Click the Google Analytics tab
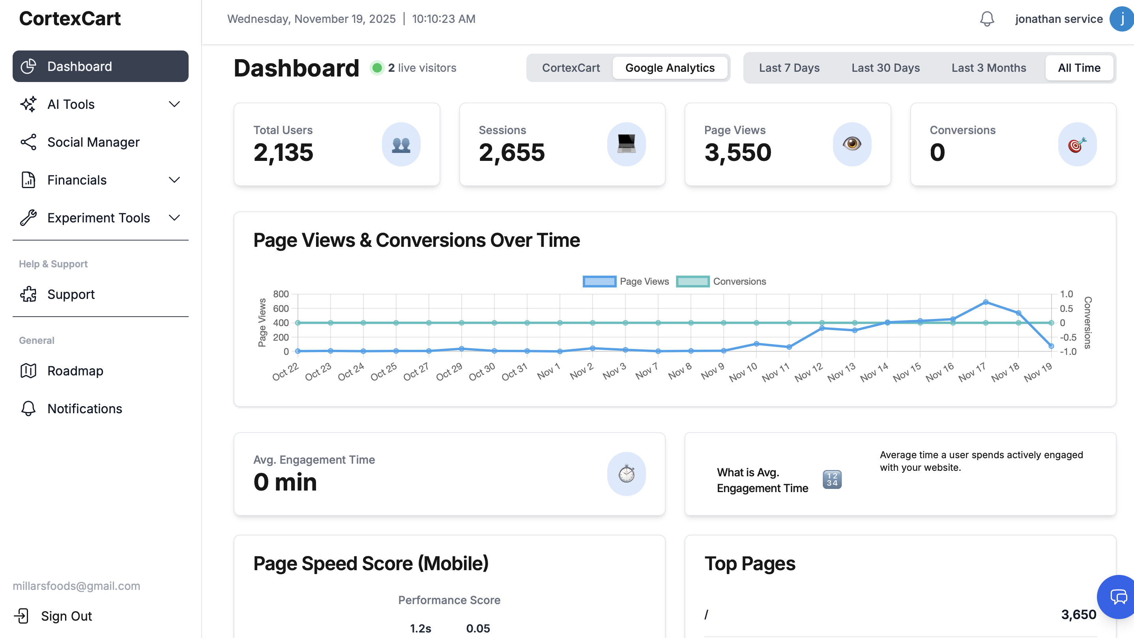tap(670, 68)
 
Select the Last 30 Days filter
tap(885, 68)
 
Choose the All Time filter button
tap(1079, 68)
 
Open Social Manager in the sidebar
tap(94, 142)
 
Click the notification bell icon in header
tap(987, 19)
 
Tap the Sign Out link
tap(66, 616)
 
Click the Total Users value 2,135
tap(283, 152)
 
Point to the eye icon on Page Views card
tap(852, 144)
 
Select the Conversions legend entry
tap(721, 281)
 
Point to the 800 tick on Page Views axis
tap(281, 294)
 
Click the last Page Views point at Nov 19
tap(1051, 346)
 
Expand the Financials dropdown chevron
tap(175, 180)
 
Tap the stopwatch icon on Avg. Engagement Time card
tap(626, 474)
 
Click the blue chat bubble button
tap(1118, 597)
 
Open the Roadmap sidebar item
tap(75, 371)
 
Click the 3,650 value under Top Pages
tap(1078, 614)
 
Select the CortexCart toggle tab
tap(571, 68)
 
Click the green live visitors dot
tap(377, 68)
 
